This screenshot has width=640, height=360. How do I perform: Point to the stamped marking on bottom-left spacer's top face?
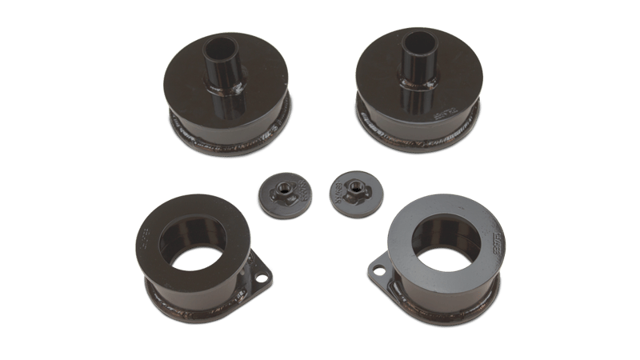[x=147, y=238]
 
